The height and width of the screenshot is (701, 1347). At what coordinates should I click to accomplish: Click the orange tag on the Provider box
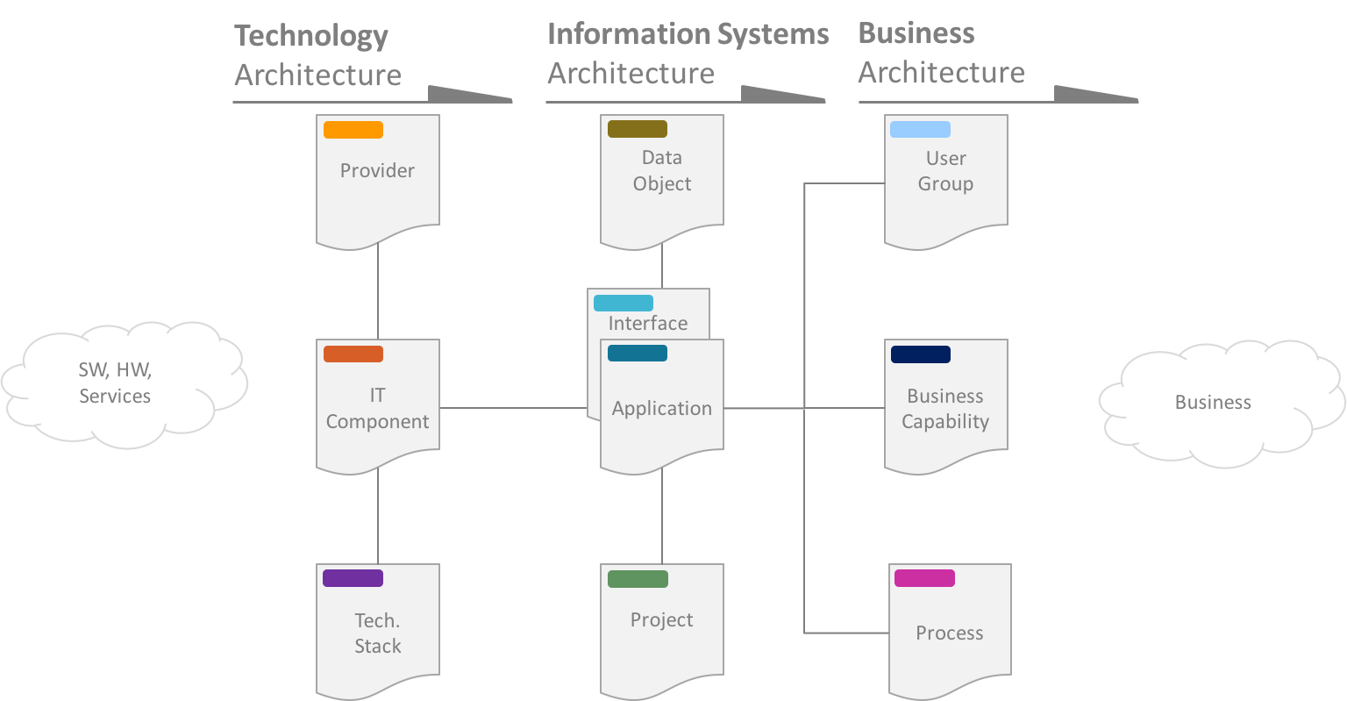click(x=353, y=130)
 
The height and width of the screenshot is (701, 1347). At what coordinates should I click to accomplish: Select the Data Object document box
click(x=661, y=180)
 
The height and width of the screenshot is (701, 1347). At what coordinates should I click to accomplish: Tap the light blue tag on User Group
click(x=920, y=130)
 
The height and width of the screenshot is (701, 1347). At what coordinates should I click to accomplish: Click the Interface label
click(x=647, y=323)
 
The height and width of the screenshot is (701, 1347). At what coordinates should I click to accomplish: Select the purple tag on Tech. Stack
click(x=353, y=578)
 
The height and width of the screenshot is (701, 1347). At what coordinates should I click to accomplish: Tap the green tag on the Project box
click(x=638, y=579)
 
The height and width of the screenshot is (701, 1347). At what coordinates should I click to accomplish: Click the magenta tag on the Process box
click(x=924, y=578)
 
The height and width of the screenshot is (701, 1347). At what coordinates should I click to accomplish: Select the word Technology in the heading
click(x=310, y=36)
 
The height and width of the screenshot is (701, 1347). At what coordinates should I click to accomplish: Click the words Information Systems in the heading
click(x=688, y=34)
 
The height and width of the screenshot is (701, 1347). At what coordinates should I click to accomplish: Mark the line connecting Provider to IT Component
click(x=378, y=294)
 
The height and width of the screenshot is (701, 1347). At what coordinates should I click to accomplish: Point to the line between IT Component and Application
click(x=513, y=408)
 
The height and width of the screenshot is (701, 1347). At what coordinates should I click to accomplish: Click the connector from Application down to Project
click(x=662, y=518)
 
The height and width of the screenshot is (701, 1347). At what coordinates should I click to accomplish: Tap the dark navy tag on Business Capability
click(x=920, y=354)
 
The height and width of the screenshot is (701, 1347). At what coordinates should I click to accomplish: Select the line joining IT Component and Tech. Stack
click(x=378, y=518)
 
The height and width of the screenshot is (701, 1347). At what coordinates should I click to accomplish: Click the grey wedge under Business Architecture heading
click(x=1092, y=94)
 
